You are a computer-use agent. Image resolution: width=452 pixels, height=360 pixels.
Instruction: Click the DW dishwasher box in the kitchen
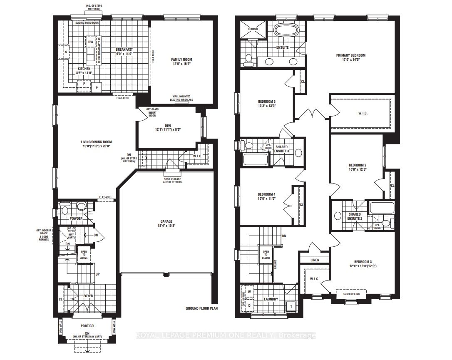90,42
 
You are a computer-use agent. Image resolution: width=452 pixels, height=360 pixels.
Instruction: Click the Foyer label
87,296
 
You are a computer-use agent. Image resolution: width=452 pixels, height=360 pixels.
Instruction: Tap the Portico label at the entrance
87,326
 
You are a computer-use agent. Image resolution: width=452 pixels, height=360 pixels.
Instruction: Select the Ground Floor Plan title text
201,309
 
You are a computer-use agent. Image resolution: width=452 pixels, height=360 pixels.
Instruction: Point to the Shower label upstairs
253,29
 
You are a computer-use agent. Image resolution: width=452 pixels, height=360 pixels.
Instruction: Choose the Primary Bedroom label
351,55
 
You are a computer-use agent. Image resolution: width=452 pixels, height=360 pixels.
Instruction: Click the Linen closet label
314,260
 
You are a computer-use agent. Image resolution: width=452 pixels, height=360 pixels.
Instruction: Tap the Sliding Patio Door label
87,23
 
